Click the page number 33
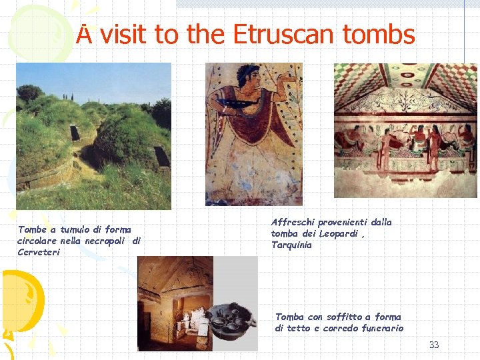point(434,345)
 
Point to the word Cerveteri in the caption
point(39,252)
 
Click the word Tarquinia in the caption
point(291,245)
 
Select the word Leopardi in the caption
point(339,233)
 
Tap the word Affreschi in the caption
point(293,222)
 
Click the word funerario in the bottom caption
point(379,328)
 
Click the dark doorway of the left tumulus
point(75,133)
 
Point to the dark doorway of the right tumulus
point(161,155)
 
